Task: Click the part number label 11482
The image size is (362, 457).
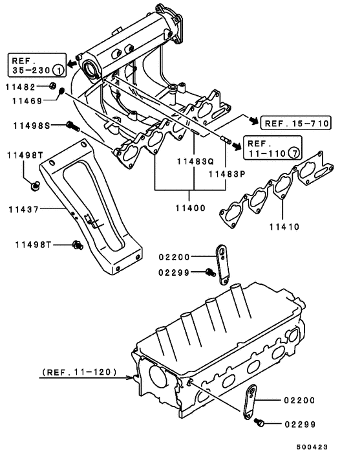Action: pyautogui.click(x=21, y=86)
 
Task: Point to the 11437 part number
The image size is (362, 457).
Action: pyautogui.click(x=23, y=209)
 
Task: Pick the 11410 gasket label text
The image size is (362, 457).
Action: pyautogui.click(x=284, y=228)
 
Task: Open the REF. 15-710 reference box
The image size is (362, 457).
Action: pyautogui.click(x=296, y=122)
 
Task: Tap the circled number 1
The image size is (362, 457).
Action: pyautogui.click(x=58, y=69)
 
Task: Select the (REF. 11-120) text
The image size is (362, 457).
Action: pyautogui.click(x=80, y=372)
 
